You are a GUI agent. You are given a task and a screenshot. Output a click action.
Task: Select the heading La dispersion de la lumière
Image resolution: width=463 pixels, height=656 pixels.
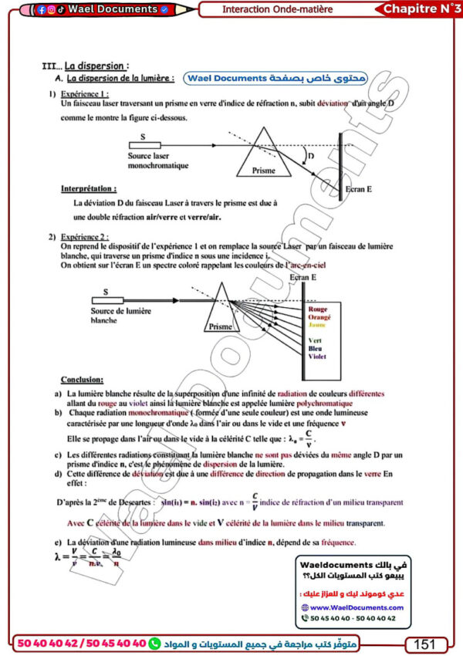tap(120, 78)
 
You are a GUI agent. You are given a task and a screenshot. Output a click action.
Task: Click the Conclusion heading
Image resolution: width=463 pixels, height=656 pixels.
tap(81, 380)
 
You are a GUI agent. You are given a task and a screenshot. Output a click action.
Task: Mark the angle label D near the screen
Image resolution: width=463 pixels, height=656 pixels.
tap(311, 157)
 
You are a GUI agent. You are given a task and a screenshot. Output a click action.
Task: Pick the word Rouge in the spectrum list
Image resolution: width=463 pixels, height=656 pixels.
tap(318, 309)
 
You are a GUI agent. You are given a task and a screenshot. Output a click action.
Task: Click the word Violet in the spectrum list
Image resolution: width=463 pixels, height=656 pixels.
tap(317, 357)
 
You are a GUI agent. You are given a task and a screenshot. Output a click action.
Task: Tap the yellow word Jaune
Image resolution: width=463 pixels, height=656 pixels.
tap(317, 325)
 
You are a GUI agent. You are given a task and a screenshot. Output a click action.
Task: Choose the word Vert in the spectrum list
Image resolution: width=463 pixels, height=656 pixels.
tap(315, 340)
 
